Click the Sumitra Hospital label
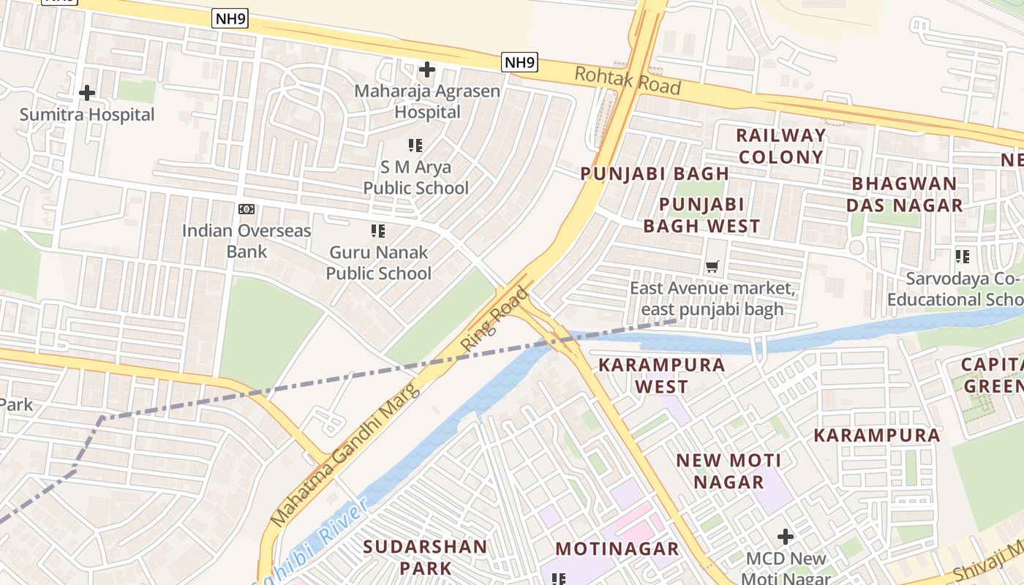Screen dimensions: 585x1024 (x=87, y=115)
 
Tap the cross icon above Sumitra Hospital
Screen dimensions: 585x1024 (x=87, y=93)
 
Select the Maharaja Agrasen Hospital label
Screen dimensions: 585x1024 (x=427, y=102)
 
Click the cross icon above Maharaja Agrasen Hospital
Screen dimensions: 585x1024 (x=427, y=70)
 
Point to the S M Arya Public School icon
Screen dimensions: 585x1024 (x=415, y=146)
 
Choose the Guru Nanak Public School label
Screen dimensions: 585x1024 (x=378, y=263)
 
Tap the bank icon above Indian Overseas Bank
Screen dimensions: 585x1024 (x=246, y=209)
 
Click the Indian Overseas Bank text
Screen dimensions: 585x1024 (x=246, y=241)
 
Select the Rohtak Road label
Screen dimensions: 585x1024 (x=627, y=80)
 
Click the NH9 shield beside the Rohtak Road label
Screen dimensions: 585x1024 (x=519, y=62)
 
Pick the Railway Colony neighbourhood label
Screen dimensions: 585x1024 (x=780, y=146)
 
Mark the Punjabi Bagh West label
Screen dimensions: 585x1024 (x=701, y=215)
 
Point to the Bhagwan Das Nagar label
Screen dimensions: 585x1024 (x=904, y=195)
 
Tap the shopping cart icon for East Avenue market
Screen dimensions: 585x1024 (x=712, y=267)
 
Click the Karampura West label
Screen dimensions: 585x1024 (x=661, y=375)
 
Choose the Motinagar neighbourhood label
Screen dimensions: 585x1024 (x=617, y=548)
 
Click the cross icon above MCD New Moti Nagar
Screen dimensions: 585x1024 (x=785, y=537)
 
